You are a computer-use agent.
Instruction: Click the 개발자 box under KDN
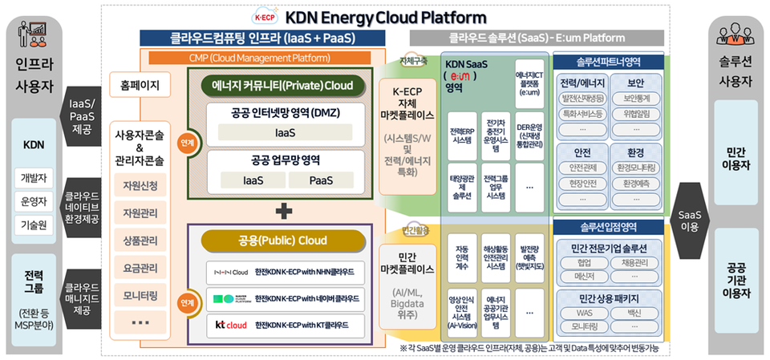(34, 178)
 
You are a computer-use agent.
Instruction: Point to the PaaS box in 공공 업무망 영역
(327, 180)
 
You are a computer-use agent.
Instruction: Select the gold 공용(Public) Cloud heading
(282, 241)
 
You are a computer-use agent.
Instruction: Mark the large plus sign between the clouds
(282, 212)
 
